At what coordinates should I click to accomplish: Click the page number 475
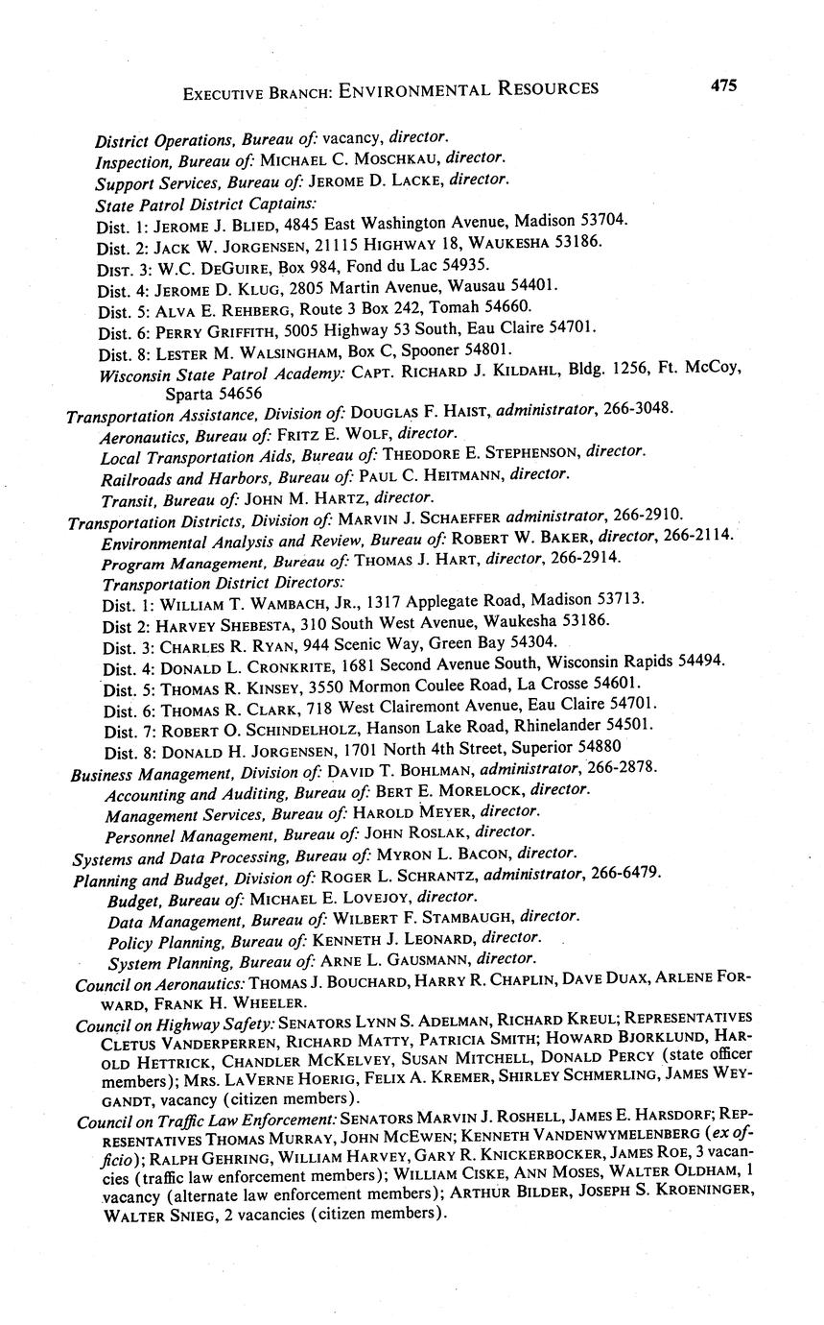[x=724, y=85]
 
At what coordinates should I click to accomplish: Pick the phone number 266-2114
[x=699, y=538]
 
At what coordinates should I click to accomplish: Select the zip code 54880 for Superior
[x=600, y=727]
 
